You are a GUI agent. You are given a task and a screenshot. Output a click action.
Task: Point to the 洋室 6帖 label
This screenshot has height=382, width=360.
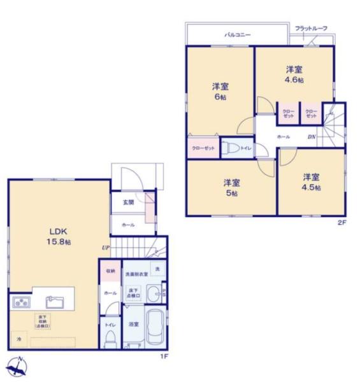[x=220, y=92]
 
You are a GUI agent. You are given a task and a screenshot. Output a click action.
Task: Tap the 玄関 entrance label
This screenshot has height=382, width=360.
[x=128, y=202]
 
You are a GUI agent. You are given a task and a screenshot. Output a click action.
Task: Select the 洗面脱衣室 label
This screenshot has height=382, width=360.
[x=136, y=274]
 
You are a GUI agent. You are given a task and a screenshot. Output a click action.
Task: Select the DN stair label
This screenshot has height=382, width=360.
[x=313, y=137]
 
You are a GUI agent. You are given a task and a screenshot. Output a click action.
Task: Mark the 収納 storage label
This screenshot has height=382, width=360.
[x=110, y=271]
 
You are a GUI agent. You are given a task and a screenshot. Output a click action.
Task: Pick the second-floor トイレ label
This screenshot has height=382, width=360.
[x=246, y=148]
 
